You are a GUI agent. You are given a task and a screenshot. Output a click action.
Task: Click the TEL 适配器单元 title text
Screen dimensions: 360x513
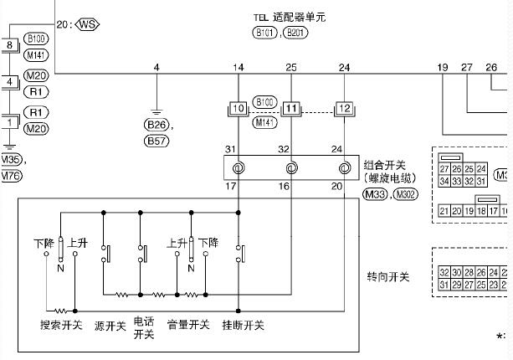[x=290, y=17]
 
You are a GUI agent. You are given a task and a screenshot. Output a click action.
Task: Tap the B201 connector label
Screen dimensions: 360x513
[x=295, y=33]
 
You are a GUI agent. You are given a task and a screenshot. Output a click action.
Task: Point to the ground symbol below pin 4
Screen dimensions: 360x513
[x=156, y=109]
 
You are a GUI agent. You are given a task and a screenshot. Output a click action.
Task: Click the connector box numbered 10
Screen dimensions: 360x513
[x=239, y=109]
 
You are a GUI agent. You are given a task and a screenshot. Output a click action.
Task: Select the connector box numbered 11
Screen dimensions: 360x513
[x=291, y=109]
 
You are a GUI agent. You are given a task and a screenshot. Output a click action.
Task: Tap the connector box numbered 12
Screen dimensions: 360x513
[x=344, y=109]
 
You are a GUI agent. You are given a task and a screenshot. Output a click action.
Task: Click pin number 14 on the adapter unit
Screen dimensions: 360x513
[x=239, y=66]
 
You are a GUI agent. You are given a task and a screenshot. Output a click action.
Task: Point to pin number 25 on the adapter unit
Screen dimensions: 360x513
[x=291, y=66]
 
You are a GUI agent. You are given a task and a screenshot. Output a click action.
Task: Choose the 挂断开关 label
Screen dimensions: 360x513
[x=244, y=325]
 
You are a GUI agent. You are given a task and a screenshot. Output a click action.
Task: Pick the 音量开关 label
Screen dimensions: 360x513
[x=187, y=325]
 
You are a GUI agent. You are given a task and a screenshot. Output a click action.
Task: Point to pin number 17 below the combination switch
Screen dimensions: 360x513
[x=231, y=186]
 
